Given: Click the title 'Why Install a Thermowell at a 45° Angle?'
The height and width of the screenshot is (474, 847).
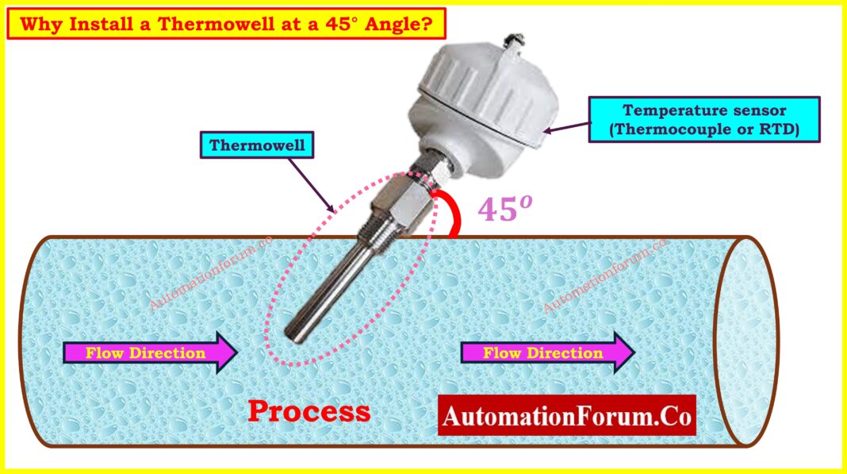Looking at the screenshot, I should click(x=226, y=24).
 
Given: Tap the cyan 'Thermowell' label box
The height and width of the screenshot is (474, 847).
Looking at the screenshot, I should click(x=257, y=145).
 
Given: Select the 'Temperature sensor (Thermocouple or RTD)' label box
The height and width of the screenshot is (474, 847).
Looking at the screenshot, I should click(x=703, y=120).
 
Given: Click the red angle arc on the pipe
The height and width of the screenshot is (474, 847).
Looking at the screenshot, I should click(x=453, y=212).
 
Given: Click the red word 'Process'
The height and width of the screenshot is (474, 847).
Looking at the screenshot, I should click(x=309, y=411).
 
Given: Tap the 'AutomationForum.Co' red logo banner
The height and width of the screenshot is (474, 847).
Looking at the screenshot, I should click(x=566, y=416).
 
